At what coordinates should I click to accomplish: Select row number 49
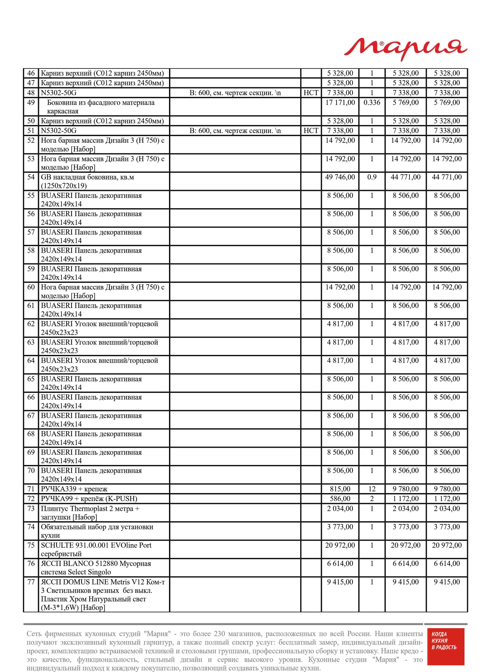(31, 103)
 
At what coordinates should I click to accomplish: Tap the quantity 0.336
(372, 103)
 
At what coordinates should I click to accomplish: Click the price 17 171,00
(340, 103)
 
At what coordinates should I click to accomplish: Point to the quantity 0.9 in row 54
(372, 177)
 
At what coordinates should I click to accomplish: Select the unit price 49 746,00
(340, 177)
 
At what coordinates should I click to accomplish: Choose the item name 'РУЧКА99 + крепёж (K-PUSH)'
(89, 498)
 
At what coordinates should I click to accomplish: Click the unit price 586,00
(340, 498)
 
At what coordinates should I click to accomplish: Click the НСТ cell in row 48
(311, 93)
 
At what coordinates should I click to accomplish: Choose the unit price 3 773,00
(340, 527)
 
